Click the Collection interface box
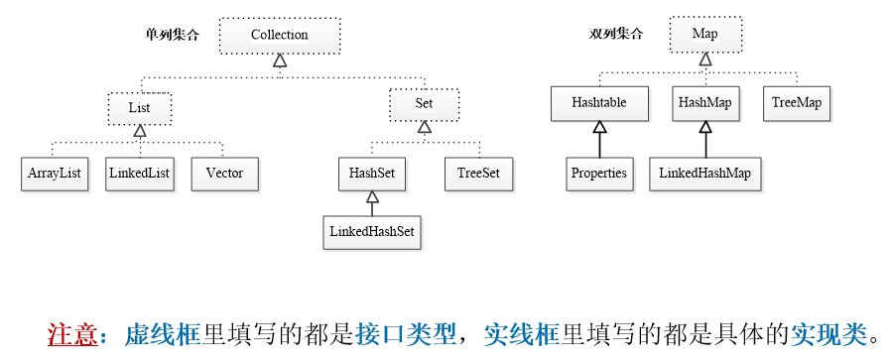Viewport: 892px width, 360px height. coord(279,35)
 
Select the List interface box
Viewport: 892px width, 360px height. coord(139,106)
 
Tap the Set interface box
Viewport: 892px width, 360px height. coord(424,104)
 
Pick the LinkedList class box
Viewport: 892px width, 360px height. coord(139,174)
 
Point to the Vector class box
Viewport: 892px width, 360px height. coord(224,174)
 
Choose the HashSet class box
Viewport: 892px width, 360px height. coord(371,174)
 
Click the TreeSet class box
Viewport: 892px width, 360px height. coord(478,174)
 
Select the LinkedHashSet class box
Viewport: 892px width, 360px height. coord(371,232)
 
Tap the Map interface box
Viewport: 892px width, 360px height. coord(704,35)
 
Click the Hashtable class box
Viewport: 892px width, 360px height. coord(598,103)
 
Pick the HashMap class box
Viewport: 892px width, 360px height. coord(704,103)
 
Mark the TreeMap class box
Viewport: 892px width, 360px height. coord(797,103)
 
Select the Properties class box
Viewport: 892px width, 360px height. coord(598,173)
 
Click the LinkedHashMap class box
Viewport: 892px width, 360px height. coord(704,173)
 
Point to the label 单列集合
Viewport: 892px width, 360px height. coord(173,35)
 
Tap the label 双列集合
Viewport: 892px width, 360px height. coord(616,35)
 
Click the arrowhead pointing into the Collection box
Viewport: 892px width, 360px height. coord(279,61)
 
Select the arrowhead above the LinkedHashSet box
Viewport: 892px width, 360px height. coord(371,199)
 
